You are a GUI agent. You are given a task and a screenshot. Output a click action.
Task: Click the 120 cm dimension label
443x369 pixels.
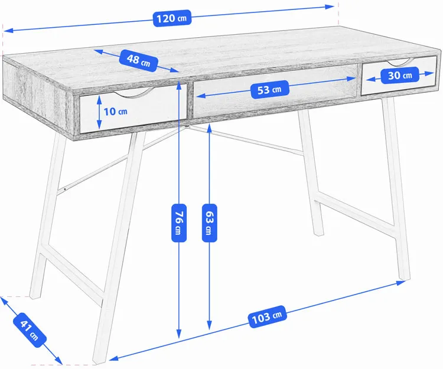pos(172,18)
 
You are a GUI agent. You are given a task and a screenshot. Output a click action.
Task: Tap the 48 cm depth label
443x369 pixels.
pos(138,60)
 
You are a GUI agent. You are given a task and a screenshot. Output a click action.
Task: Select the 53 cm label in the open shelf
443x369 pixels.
pos(269,90)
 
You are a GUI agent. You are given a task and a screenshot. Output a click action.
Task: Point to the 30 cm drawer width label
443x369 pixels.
pos(400,76)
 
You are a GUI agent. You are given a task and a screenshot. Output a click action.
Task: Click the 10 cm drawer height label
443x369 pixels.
pos(115,112)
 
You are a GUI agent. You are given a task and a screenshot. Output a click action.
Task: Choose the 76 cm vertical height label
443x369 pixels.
pos(179,223)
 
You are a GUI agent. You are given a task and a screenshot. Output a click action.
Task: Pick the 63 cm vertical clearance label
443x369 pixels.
pos(209,223)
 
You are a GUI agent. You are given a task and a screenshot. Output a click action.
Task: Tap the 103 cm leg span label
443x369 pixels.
pos(267,317)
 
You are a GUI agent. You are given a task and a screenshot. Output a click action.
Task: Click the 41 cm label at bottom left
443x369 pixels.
pos(30,330)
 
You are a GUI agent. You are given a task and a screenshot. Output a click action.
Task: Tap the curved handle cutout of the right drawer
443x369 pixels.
pos(398,63)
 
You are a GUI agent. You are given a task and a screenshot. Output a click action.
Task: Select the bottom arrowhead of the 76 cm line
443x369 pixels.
pos(179,334)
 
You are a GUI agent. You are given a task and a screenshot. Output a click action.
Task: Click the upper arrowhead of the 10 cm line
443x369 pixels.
pos(99,99)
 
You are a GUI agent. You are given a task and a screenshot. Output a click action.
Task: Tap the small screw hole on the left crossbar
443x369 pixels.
pos(65,189)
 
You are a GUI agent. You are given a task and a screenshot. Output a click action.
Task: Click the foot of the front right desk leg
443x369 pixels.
pos(405,278)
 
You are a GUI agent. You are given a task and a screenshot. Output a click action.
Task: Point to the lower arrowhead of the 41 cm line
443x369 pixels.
pos(58,361)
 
